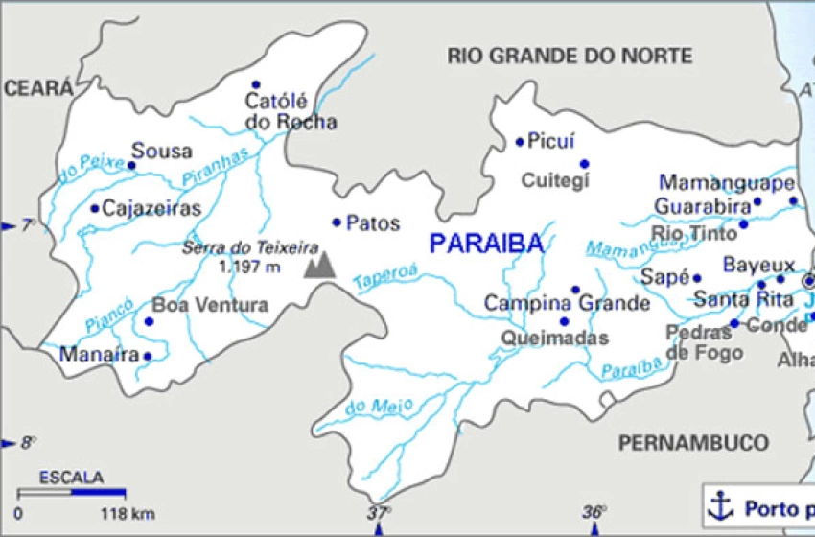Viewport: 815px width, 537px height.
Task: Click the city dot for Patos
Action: (337, 222)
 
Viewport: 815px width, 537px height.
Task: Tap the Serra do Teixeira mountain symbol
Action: (320, 266)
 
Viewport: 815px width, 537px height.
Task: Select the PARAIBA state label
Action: (486, 244)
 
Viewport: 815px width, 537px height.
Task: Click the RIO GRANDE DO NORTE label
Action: (570, 57)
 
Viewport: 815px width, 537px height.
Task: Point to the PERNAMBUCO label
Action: (692, 442)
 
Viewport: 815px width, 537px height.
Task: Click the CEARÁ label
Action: (37, 89)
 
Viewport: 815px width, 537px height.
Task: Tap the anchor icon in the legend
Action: (719, 504)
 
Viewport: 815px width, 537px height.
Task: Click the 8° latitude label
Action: (28, 442)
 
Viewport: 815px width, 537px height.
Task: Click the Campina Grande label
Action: (567, 304)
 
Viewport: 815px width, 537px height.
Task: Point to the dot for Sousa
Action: (132, 165)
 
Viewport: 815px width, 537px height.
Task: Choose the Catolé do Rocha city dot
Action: (255, 84)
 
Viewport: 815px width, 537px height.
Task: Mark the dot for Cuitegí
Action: (584, 163)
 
